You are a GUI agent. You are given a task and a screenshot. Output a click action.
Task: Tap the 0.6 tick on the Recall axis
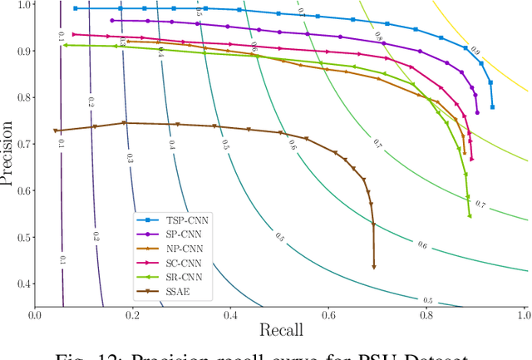click(x=328, y=316)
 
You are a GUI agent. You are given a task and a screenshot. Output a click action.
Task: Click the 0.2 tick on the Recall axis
click(x=133, y=316)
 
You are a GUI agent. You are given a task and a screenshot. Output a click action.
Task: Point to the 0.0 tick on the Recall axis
click(x=35, y=316)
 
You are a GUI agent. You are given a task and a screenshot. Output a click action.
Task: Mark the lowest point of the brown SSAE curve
click(x=373, y=267)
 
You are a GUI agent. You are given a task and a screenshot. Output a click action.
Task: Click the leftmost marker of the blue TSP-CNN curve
click(x=76, y=8)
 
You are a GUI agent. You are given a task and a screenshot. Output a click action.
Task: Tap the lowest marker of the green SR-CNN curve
click(x=470, y=216)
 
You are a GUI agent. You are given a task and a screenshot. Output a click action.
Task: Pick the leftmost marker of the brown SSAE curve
click(x=56, y=131)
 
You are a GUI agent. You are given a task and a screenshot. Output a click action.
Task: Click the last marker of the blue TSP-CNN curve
click(x=493, y=107)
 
